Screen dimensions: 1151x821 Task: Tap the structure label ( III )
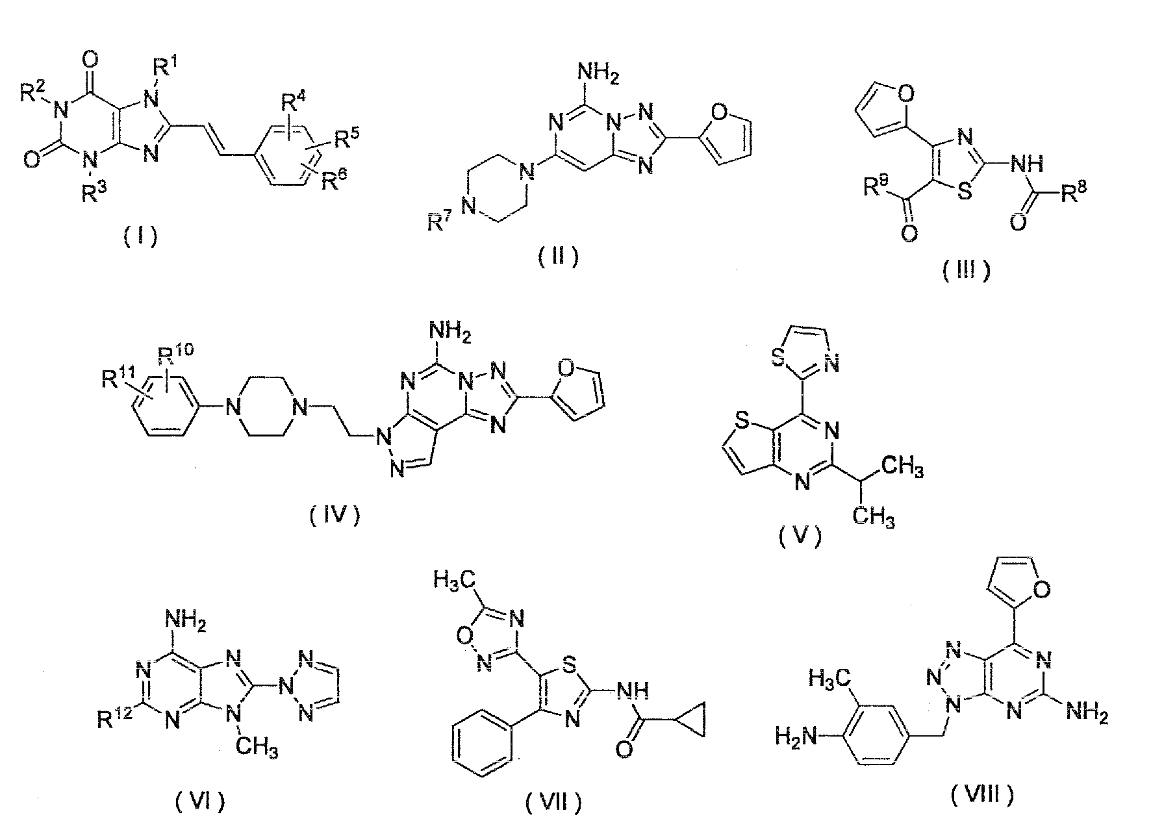click(x=967, y=269)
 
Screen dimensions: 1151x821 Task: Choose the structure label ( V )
click(x=800, y=537)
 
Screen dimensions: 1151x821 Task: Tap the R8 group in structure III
click(x=1072, y=193)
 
